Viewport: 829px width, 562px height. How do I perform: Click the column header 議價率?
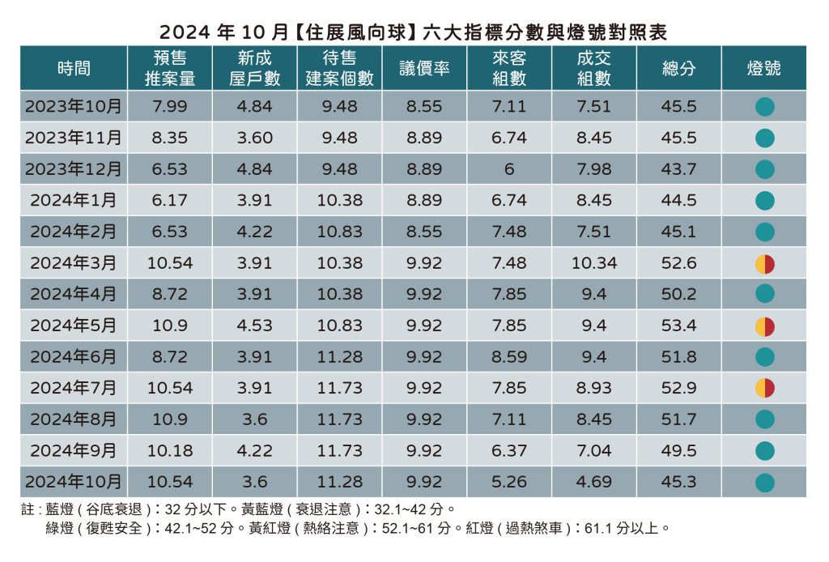pyautogui.click(x=424, y=69)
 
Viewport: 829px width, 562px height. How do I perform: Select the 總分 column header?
pyautogui.click(x=678, y=69)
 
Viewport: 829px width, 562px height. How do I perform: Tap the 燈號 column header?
pyautogui.click(x=763, y=69)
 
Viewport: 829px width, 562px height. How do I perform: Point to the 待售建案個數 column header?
pyautogui.click(x=339, y=69)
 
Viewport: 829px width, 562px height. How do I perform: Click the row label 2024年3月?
pyautogui.click(x=74, y=263)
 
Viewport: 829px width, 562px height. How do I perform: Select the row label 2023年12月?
pyautogui.click(x=74, y=169)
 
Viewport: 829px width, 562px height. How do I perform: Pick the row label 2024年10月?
pyautogui.click(x=74, y=483)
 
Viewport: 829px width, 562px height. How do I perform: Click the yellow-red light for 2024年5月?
pyautogui.click(x=764, y=326)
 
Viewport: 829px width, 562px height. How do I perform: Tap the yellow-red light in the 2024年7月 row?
pyautogui.click(x=764, y=389)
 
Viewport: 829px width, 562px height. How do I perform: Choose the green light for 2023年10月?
pyautogui.click(x=764, y=107)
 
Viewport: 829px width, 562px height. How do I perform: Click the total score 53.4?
pyautogui.click(x=678, y=326)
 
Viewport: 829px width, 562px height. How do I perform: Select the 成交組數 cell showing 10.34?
pyautogui.click(x=594, y=263)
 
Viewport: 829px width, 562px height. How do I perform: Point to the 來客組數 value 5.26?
pyautogui.click(x=509, y=483)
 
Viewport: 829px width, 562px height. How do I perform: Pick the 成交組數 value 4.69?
pyautogui.click(x=594, y=483)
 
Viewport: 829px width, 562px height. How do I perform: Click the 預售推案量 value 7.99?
pyautogui.click(x=169, y=107)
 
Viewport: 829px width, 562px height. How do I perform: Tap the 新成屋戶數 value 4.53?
pyautogui.click(x=254, y=326)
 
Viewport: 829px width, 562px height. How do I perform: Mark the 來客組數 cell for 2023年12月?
pyautogui.click(x=509, y=169)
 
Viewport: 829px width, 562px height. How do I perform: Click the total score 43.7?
pyautogui.click(x=678, y=169)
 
